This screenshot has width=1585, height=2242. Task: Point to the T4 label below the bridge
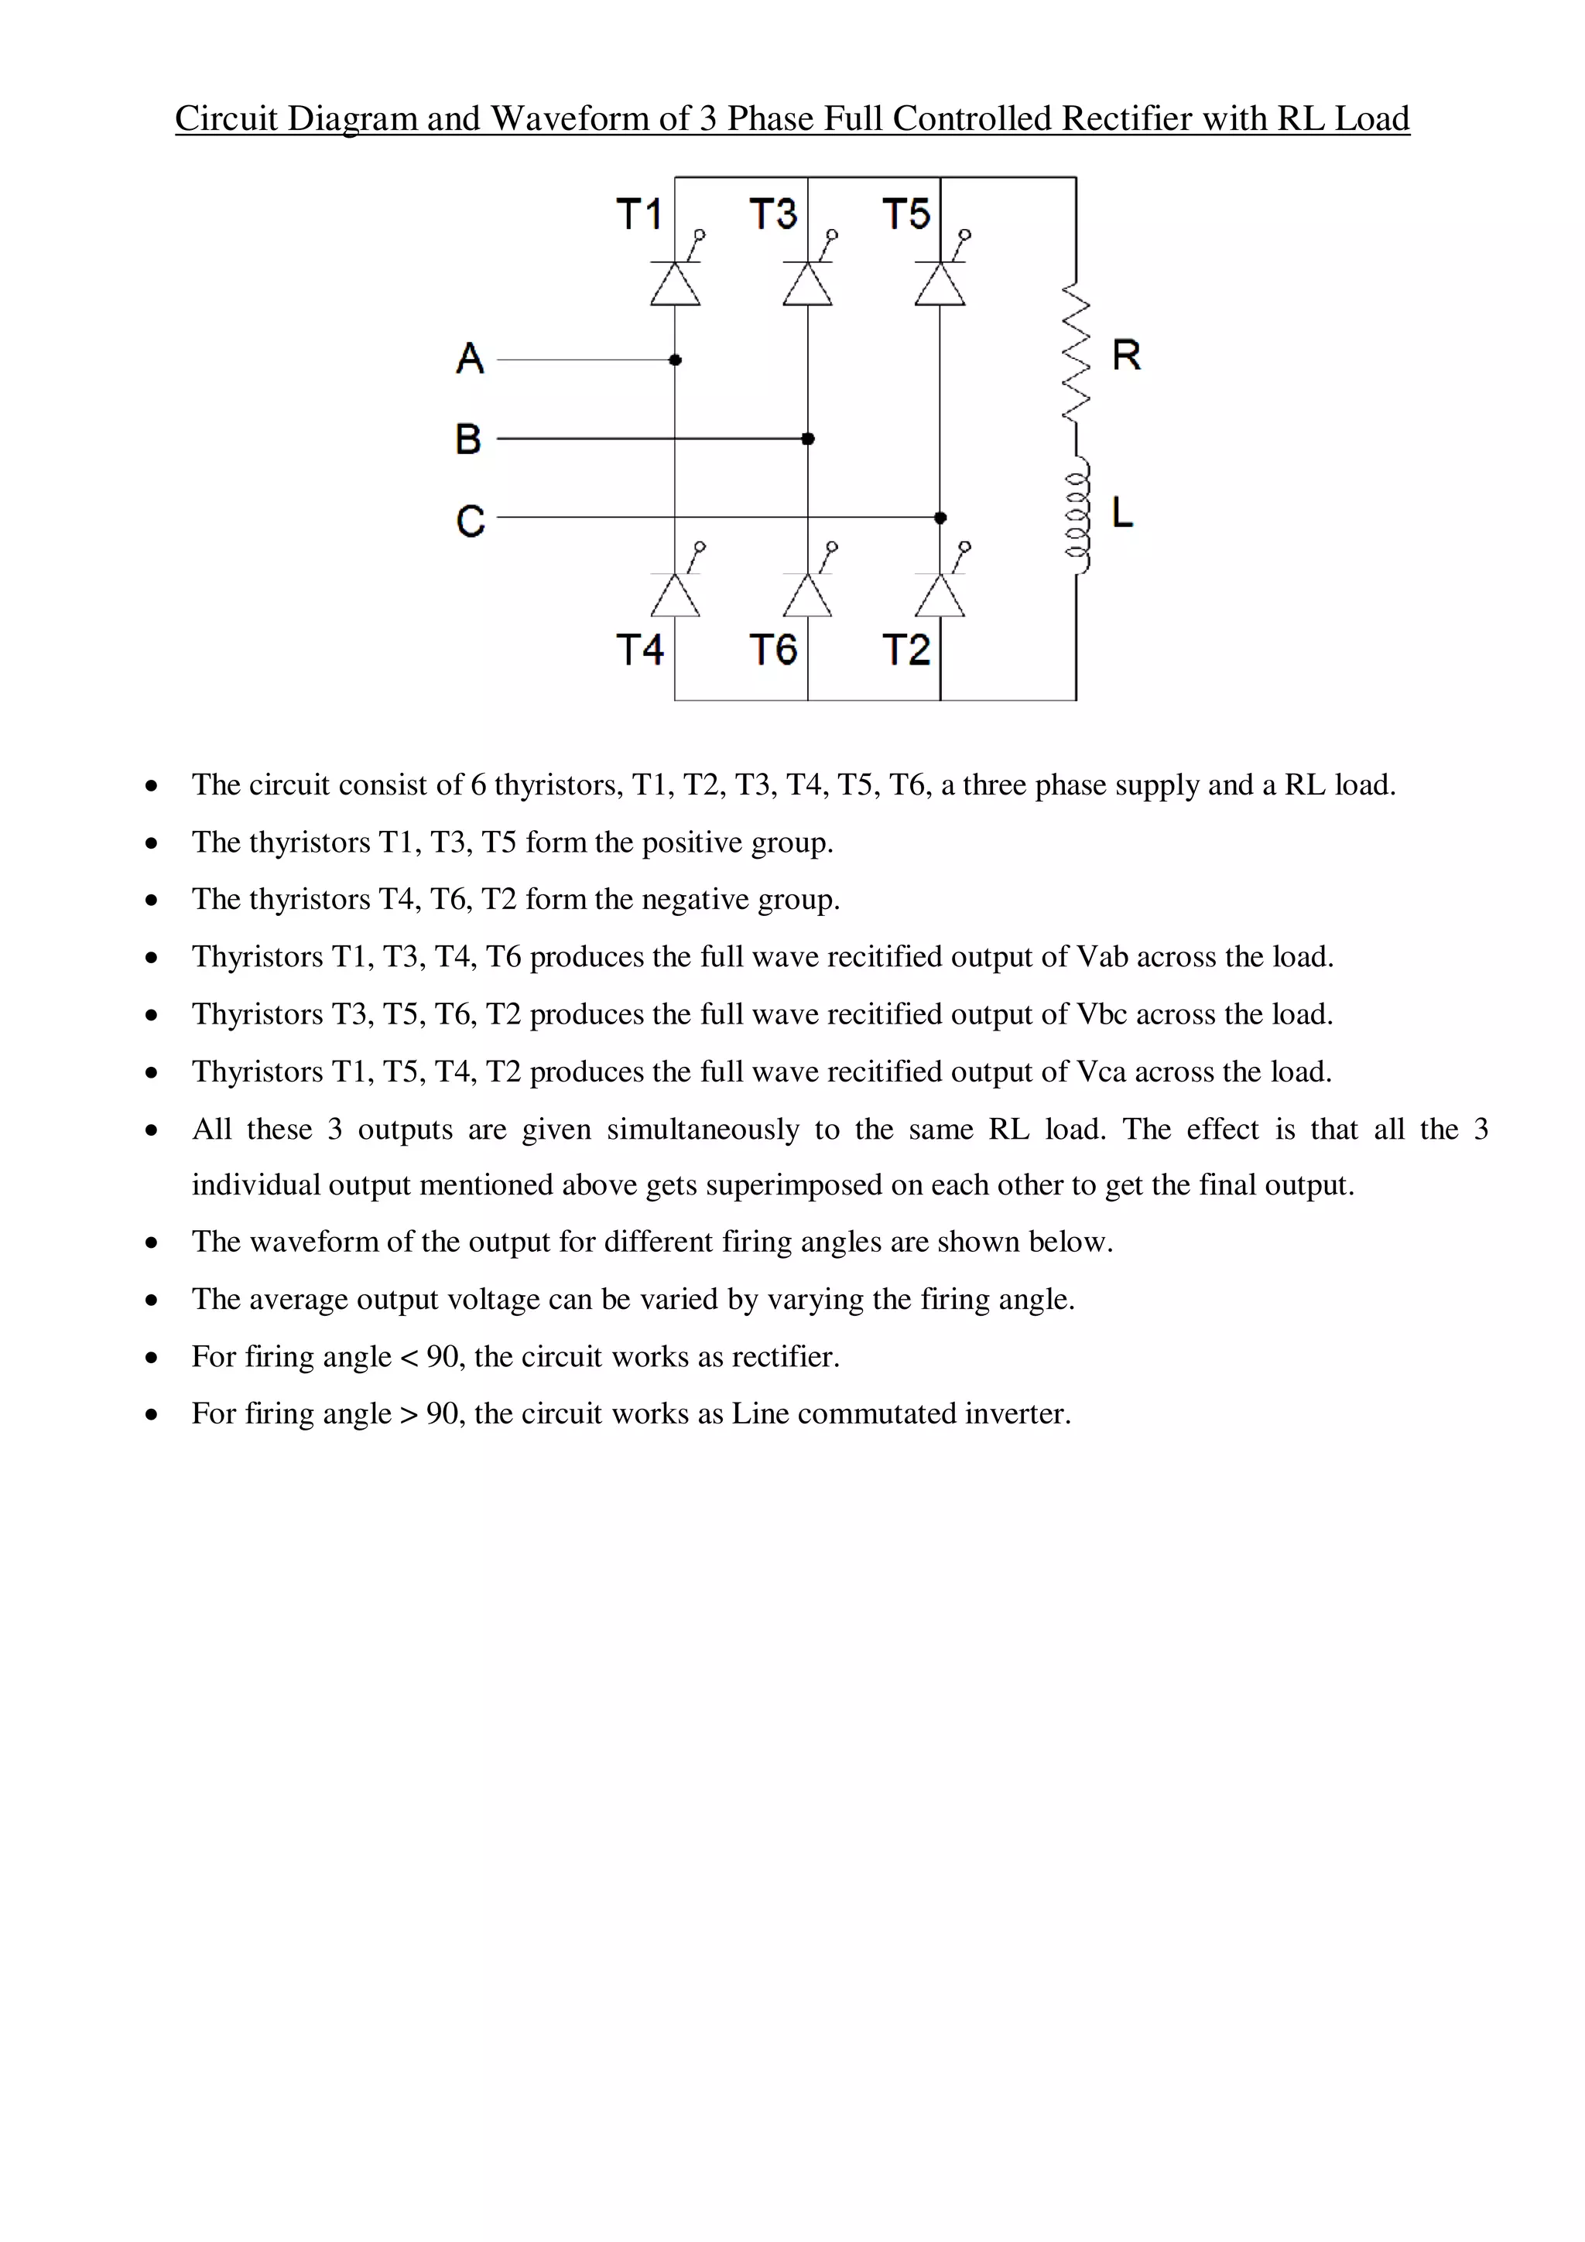pos(640,649)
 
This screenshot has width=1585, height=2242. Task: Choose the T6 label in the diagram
pos(772,649)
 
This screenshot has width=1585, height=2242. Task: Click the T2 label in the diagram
pos(905,649)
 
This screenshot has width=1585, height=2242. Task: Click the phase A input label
pos(470,358)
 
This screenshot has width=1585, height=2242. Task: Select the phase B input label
pos(469,439)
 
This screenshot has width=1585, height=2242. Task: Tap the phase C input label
pos(470,521)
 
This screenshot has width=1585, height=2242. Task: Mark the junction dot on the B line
pos(808,439)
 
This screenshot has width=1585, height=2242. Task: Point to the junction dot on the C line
pos(940,518)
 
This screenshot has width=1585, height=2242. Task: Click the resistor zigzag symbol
pos(1075,354)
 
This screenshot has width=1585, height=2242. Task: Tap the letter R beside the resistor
pos(1126,355)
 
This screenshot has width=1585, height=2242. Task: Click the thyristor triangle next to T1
pos(675,283)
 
